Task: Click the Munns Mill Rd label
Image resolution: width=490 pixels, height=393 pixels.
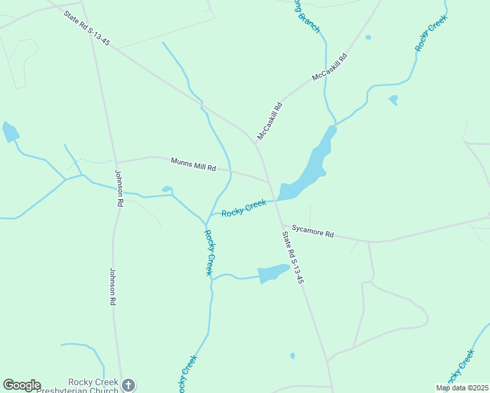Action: (193, 164)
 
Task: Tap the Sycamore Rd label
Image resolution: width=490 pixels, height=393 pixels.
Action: (313, 231)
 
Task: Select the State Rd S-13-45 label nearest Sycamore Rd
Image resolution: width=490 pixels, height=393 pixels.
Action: (293, 257)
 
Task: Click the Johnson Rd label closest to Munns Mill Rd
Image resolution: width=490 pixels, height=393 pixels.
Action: (119, 189)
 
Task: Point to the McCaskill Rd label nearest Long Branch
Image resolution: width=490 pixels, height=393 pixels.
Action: (329, 67)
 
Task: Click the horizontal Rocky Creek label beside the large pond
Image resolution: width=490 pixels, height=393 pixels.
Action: (244, 208)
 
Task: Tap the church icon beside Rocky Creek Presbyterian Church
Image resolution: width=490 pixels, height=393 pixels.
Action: (128, 385)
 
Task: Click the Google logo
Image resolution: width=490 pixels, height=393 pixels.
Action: (22, 385)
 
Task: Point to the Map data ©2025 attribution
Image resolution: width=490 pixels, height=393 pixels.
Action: (462, 388)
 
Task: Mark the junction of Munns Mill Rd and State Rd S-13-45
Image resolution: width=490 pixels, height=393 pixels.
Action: (268, 181)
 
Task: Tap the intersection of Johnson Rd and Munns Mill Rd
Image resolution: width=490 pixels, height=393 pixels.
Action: (115, 162)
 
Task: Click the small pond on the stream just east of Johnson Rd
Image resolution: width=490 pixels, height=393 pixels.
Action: (166, 190)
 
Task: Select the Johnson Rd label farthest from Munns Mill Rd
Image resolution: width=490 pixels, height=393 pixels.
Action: (112, 287)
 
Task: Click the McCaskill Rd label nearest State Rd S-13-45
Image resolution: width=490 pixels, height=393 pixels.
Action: (270, 121)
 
